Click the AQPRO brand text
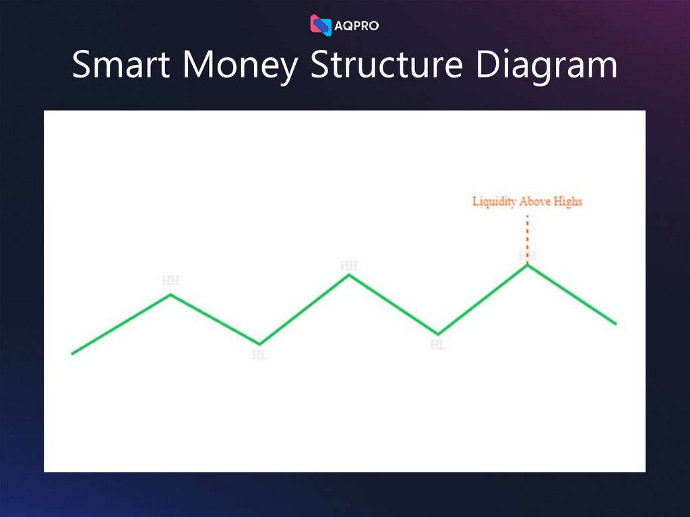coord(356,26)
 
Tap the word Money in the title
coord(239,67)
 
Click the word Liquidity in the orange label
coord(495,202)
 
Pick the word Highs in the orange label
coord(568,202)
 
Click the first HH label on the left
coord(170,280)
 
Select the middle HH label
coord(348,266)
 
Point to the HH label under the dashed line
coord(528,256)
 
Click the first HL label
coord(259,355)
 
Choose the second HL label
coord(438,345)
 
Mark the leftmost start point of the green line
coord(73,353)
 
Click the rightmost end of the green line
coord(615,324)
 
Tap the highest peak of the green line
coord(528,265)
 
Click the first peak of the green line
coord(170,295)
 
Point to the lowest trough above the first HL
coord(260,344)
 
